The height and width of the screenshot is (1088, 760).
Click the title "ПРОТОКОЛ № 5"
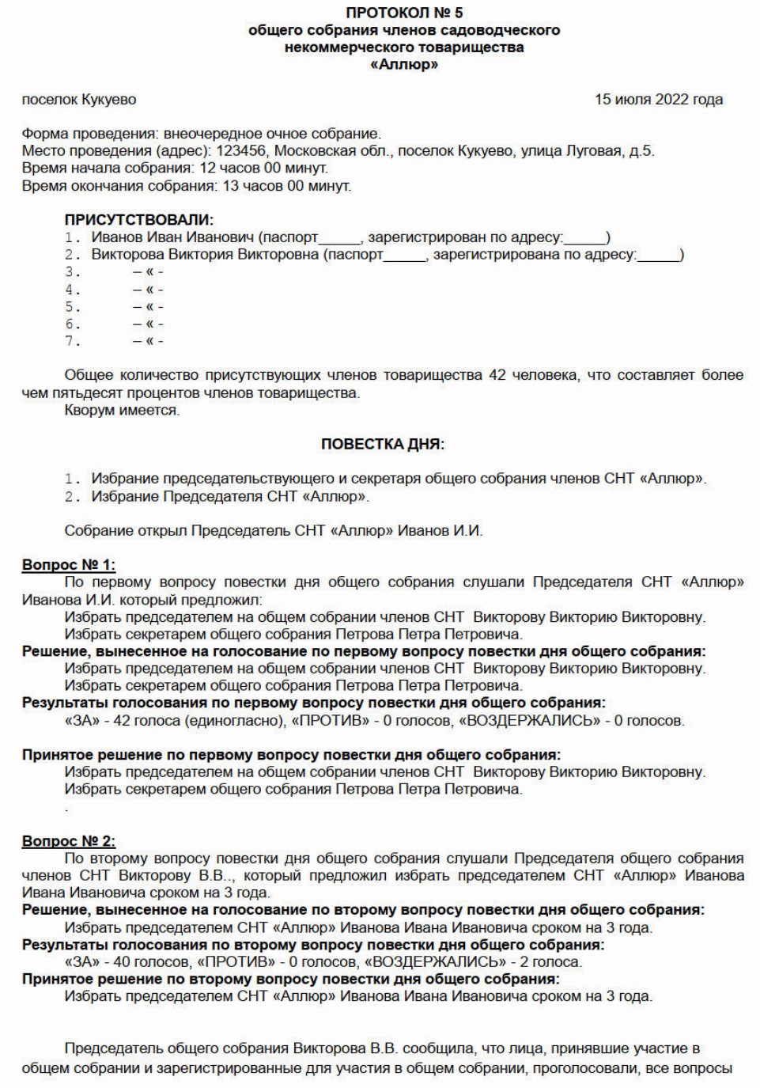404,13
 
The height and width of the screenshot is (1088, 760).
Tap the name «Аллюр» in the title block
404,65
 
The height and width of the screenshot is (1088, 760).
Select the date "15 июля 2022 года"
658,100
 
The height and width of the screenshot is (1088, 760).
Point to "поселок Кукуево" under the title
79,100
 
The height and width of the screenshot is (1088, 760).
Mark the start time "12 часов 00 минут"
263,169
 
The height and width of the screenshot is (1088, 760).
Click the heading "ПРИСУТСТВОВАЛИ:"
138,220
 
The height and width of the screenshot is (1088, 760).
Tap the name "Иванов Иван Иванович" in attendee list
173,237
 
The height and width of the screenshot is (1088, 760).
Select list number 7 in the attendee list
73,342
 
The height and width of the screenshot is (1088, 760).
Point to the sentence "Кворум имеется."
122,411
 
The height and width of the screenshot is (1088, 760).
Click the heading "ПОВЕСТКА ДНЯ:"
383,445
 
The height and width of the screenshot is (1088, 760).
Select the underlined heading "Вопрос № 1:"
69,565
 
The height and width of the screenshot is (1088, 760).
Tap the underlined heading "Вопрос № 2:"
69,841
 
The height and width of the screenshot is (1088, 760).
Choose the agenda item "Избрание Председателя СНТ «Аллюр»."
230,497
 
